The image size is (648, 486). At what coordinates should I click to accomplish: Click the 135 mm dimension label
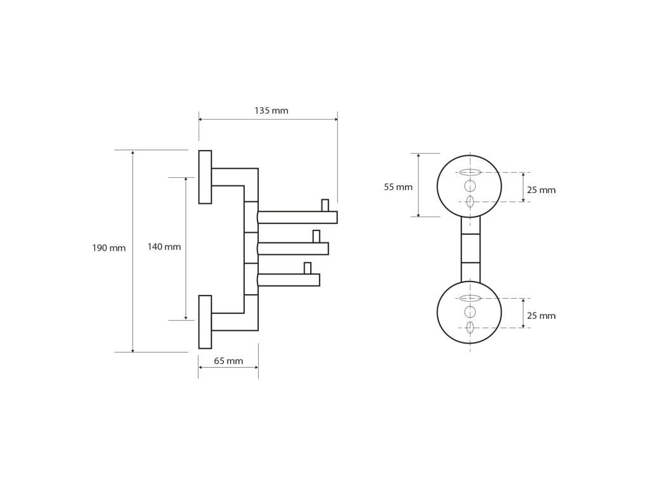tap(271, 111)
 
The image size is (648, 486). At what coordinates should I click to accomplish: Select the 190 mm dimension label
tap(109, 248)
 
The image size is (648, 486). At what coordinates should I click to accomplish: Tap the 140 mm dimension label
tap(164, 247)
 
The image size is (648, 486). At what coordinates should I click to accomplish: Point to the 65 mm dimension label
tap(228, 361)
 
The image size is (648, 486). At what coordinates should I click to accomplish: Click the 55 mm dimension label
tap(398, 187)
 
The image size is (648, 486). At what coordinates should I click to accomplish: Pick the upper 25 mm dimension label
tap(541, 190)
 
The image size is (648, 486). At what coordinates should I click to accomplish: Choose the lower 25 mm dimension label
tap(541, 316)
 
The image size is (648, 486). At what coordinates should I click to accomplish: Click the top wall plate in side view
tap(205, 177)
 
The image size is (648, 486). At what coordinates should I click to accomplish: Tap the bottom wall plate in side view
tap(205, 322)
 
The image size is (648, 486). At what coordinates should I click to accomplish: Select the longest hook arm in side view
tap(297, 218)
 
